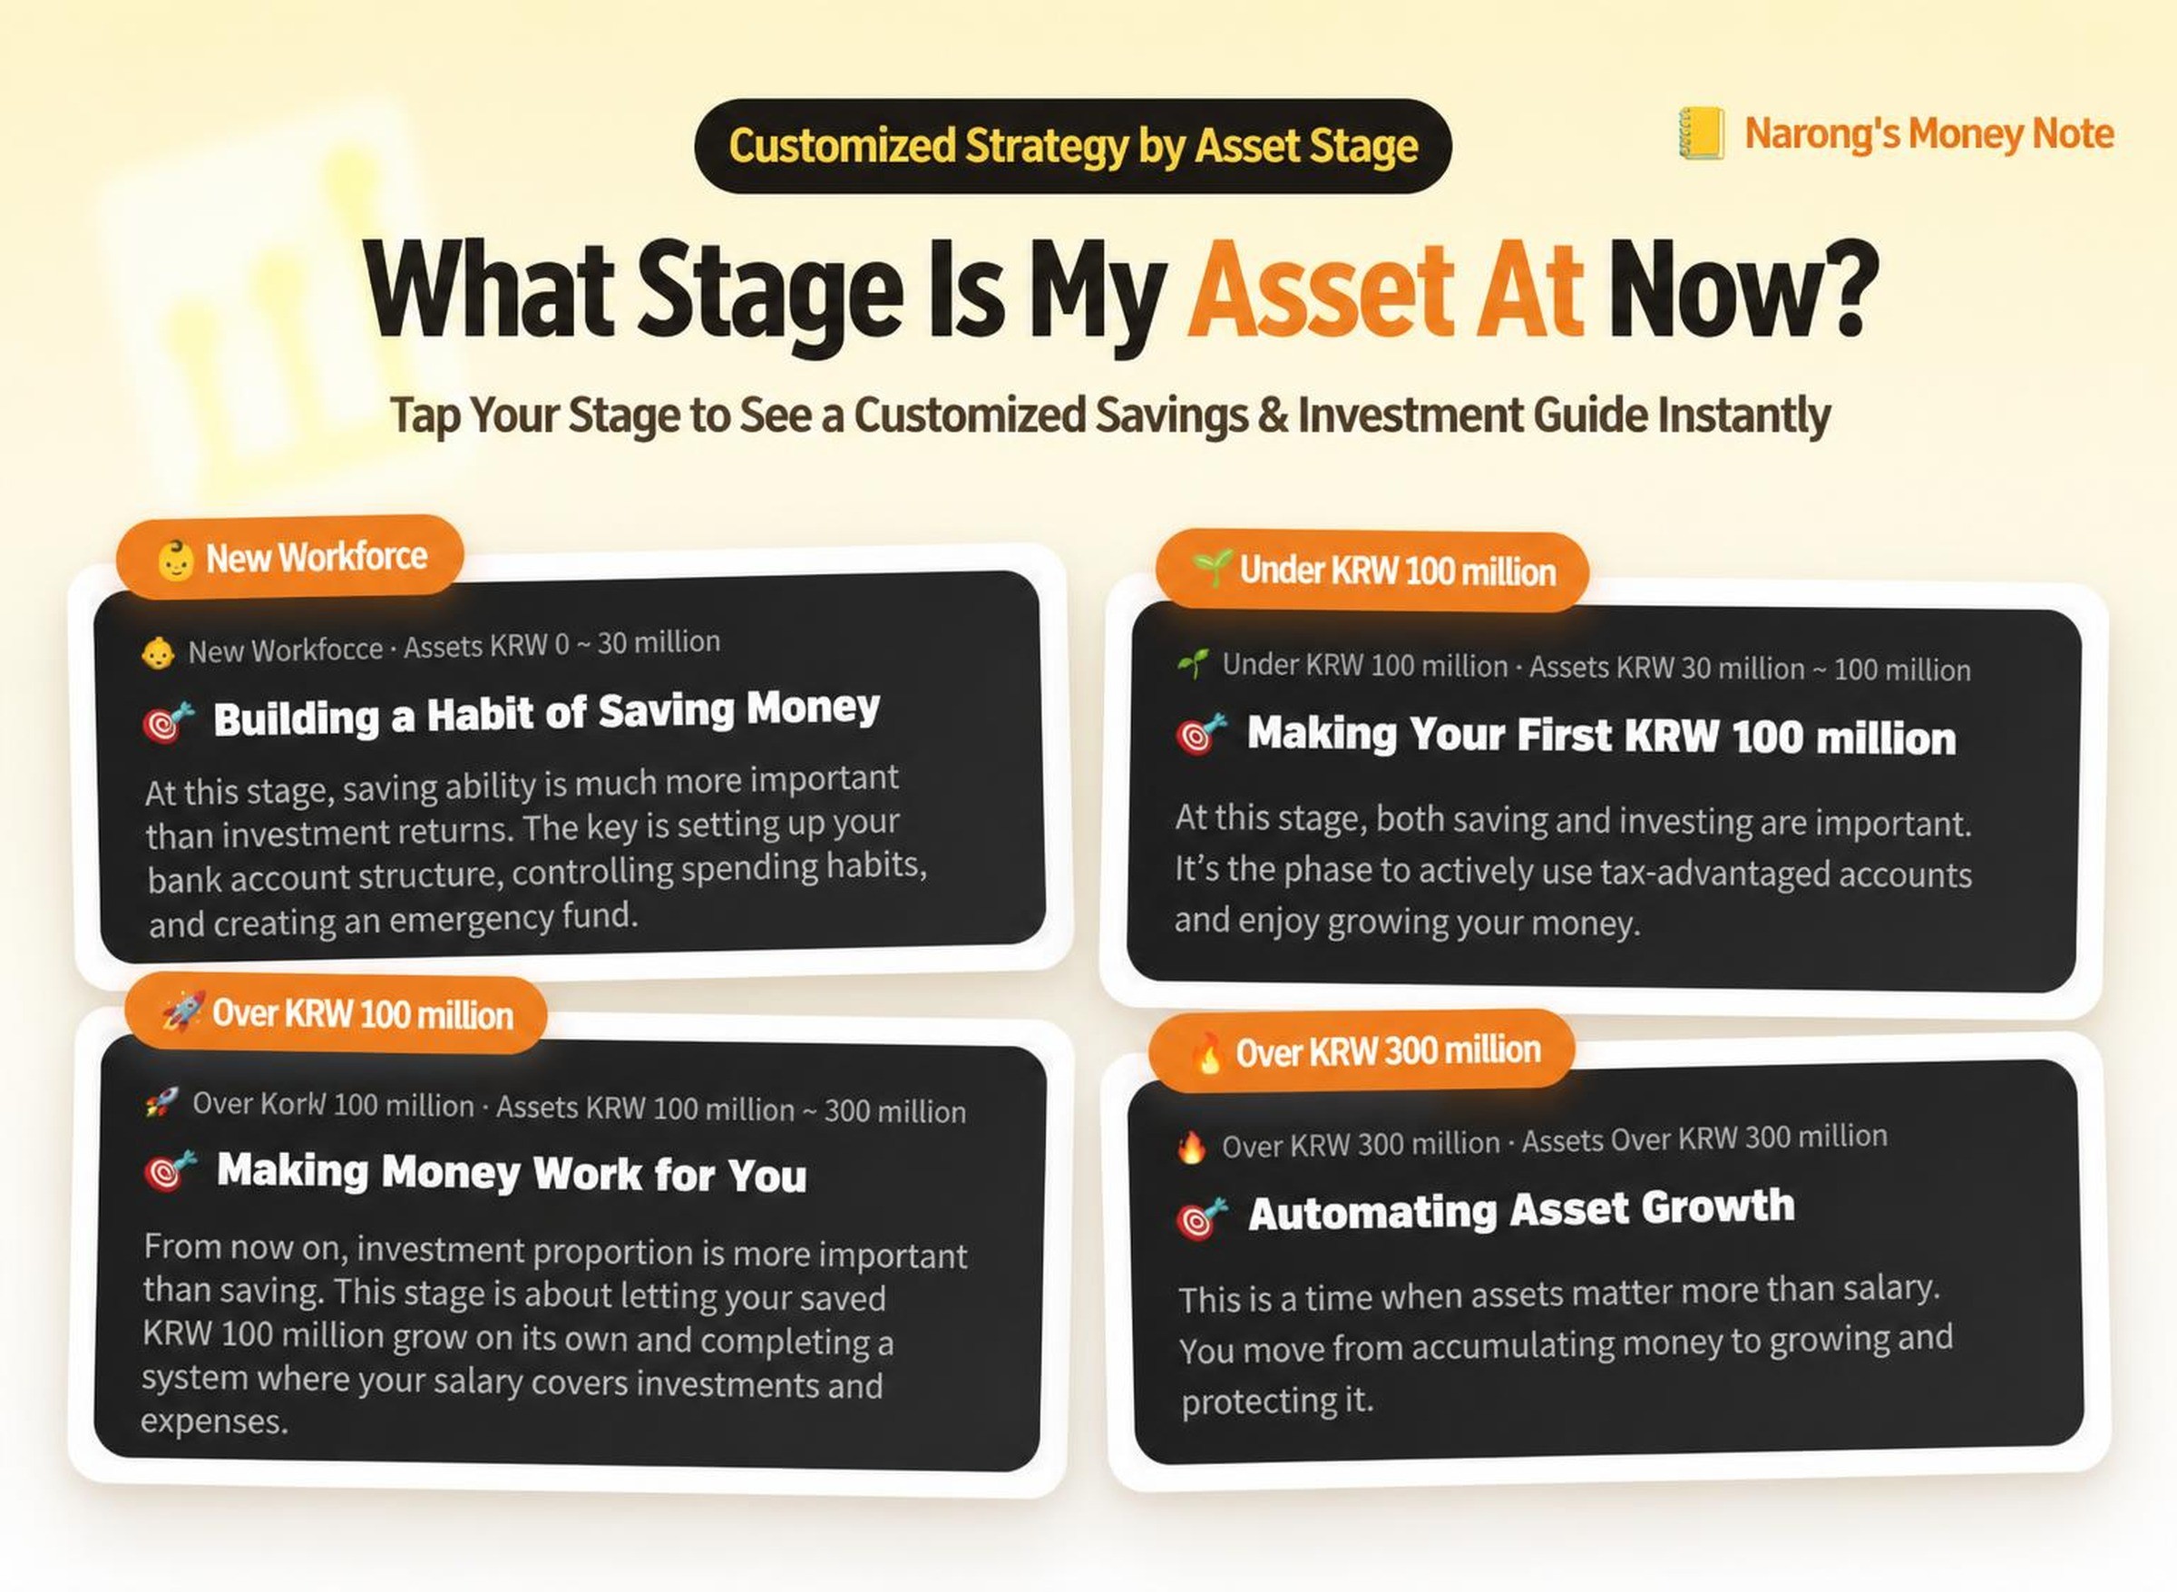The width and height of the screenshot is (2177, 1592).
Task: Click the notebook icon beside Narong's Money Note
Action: pos(1702,134)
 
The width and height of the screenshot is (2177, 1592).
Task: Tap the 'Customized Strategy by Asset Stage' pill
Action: pos(1072,146)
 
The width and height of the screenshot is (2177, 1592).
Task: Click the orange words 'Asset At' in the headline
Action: pos(1385,290)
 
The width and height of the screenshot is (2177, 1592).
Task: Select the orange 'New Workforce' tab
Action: pos(289,557)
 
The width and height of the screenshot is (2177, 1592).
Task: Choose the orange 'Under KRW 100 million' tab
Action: pos(1372,571)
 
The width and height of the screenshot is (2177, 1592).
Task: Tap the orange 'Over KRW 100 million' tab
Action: pos(336,1014)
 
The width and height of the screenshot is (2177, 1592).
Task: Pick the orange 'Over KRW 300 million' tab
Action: pos(1362,1050)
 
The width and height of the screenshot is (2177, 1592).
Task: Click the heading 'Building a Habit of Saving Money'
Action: pos(546,714)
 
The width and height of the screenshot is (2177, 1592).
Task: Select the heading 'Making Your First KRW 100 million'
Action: pos(1602,737)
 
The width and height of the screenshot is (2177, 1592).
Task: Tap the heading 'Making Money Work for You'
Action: pos(512,1173)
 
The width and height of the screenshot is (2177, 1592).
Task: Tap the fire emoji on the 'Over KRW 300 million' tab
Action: pos(1206,1053)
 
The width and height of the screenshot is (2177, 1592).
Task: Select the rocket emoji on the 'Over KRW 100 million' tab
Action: pos(183,1011)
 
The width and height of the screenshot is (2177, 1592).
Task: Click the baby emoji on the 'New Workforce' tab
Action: pos(175,561)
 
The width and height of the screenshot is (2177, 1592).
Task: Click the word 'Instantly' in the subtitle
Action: pos(1743,416)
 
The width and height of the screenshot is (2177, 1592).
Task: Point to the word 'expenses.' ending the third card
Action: pos(215,1421)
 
